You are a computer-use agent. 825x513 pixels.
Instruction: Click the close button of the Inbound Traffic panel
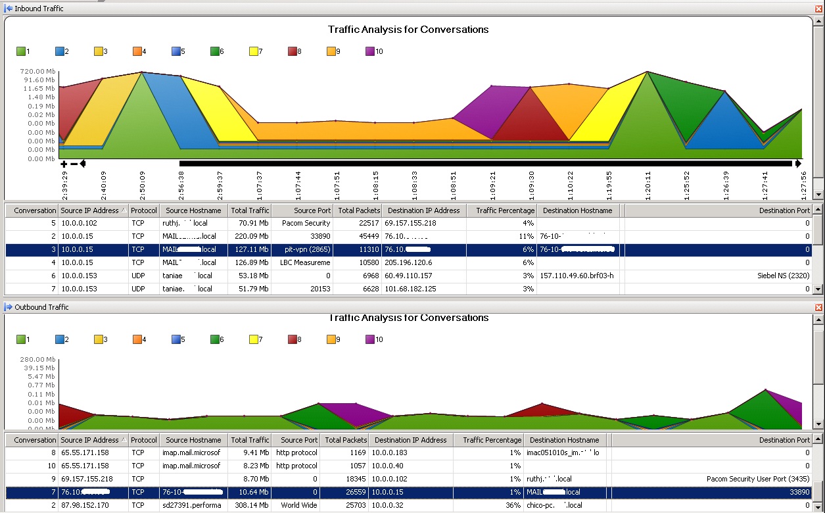pos(818,8)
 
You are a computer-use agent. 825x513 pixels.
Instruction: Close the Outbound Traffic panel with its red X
pos(818,307)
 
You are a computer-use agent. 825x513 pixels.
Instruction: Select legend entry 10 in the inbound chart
pos(375,51)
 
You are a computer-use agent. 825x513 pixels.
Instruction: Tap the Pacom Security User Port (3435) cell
pos(758,479)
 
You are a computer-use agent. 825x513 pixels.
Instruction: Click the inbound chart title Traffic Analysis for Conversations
pos(408,30)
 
